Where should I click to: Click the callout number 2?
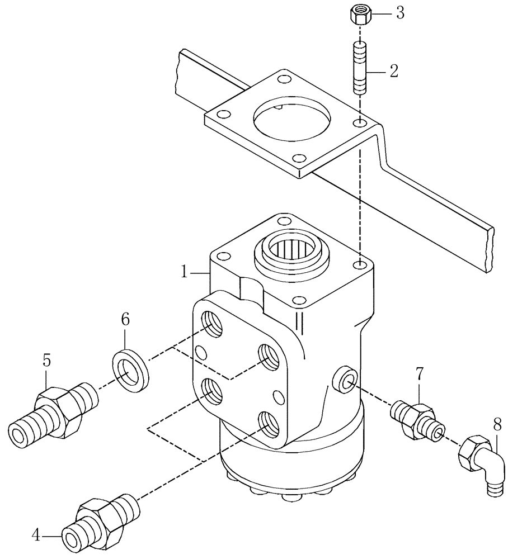point(394,71)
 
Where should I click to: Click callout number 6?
point(125,320)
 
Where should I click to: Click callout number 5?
point(47,361)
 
